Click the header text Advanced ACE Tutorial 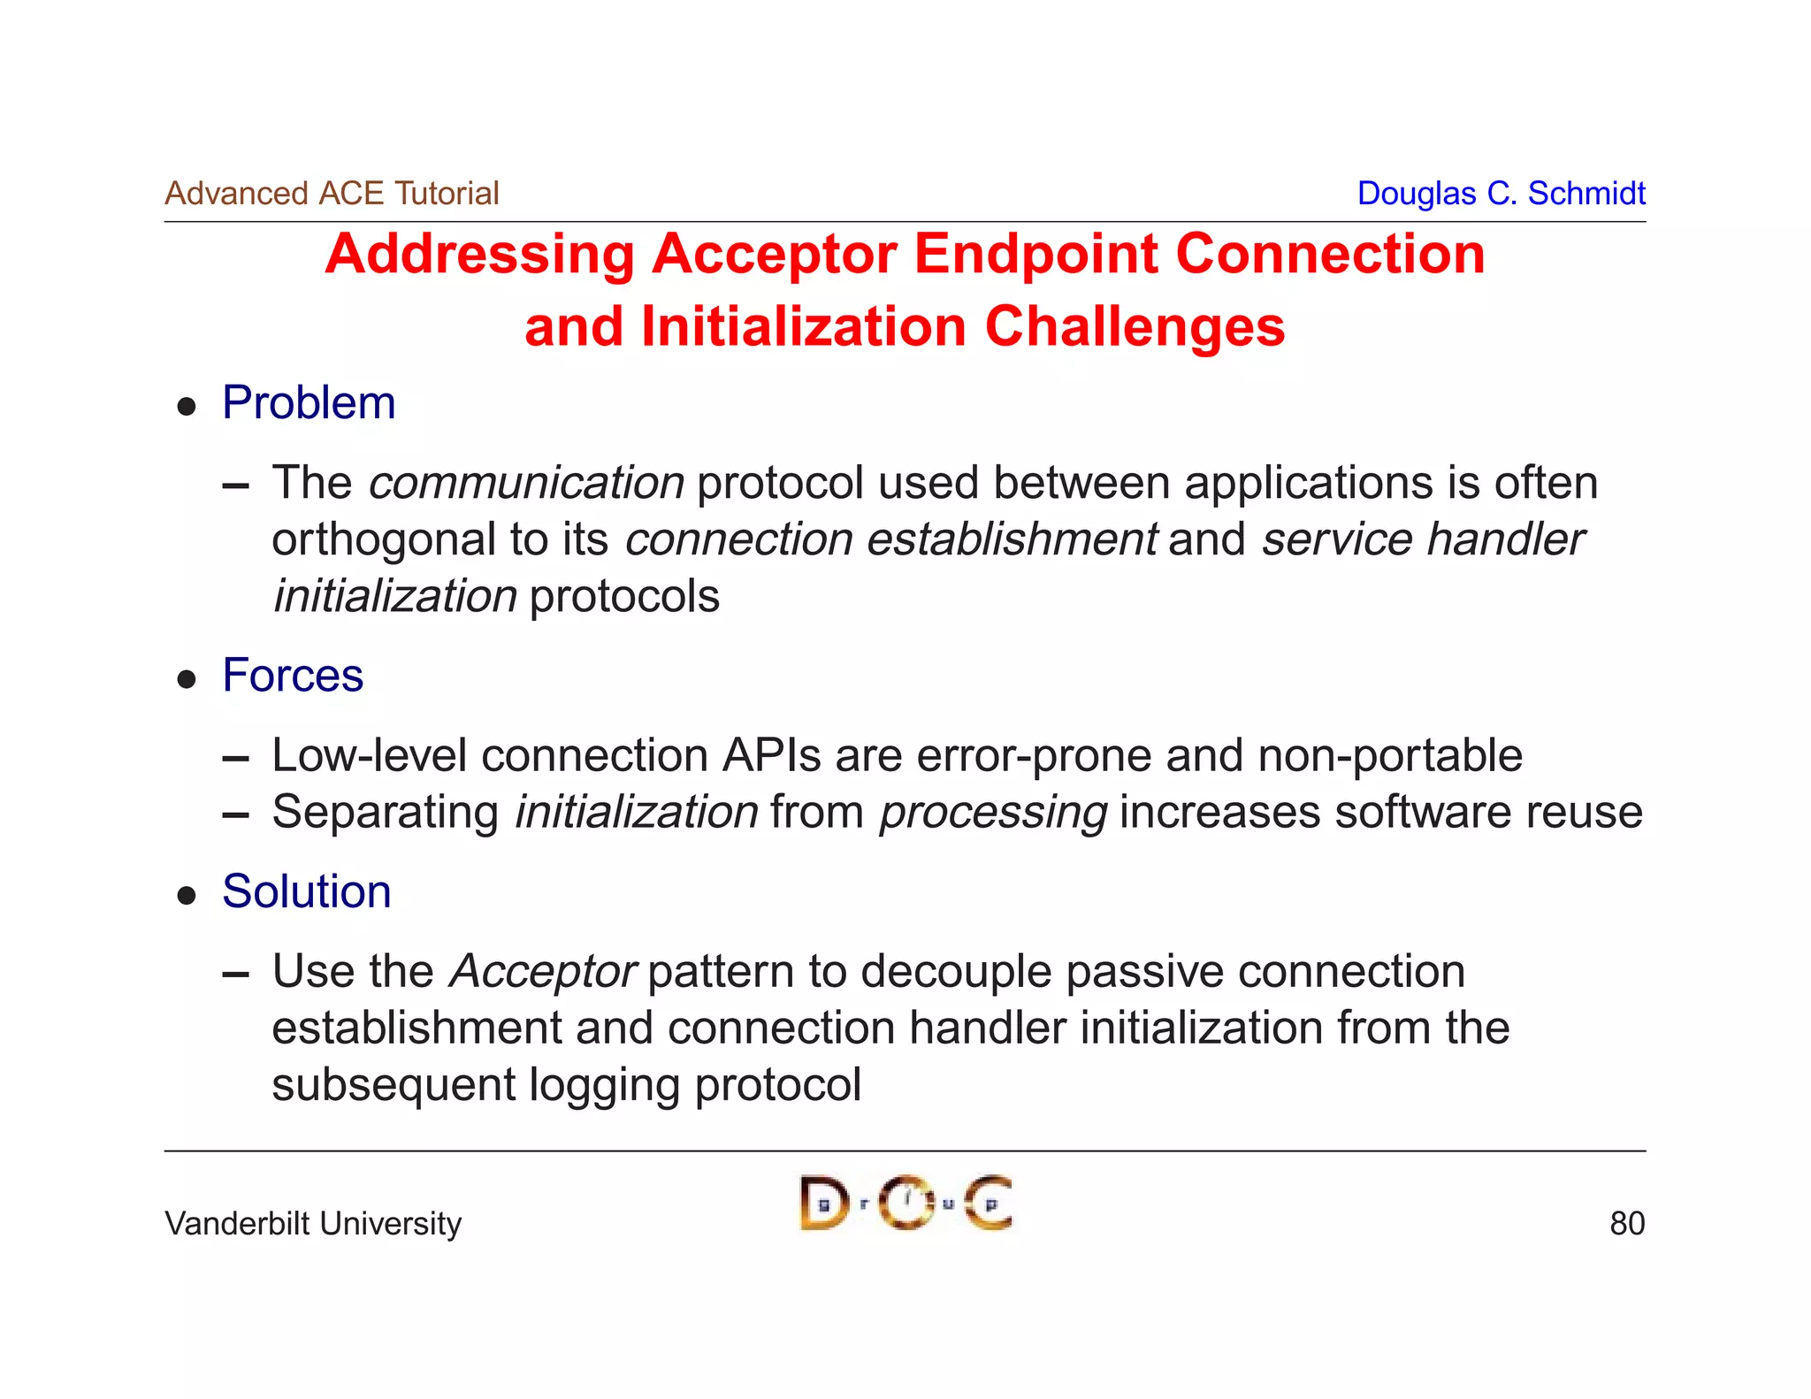[332, 194]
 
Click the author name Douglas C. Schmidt [1501, 194]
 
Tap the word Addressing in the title [479, 255]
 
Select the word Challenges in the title [1135, 327]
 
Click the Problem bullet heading [309, 403]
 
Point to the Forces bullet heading [293, 676]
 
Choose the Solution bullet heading [306, 891]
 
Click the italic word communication [526, 484]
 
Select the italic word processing [992, 813]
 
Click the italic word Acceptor [543, 972]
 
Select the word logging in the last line [604, 1086]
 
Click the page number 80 [1626, 1224]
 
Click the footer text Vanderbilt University [313, 1224]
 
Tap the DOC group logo [905, 1203]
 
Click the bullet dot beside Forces [187, 679]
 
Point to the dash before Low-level [236, 759]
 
